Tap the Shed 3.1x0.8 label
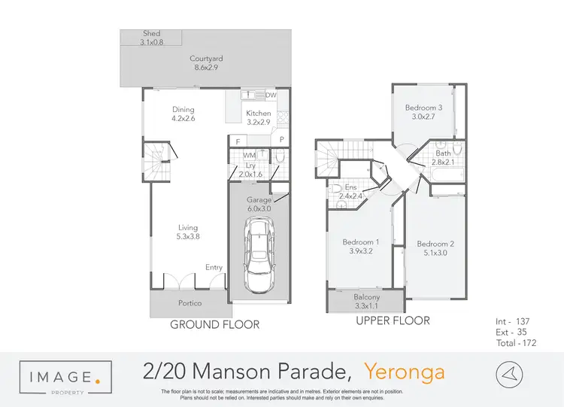point(152,38)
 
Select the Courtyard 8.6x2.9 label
point(205,63)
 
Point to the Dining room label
point(183,113)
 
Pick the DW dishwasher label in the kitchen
point(271,96)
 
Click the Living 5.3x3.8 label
point(189,232)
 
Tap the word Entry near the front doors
point(214,267)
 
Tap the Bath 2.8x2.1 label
point(442,157)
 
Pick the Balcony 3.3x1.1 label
point(366,302)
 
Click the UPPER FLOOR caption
point(393,320)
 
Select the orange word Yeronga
point(404,372)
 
